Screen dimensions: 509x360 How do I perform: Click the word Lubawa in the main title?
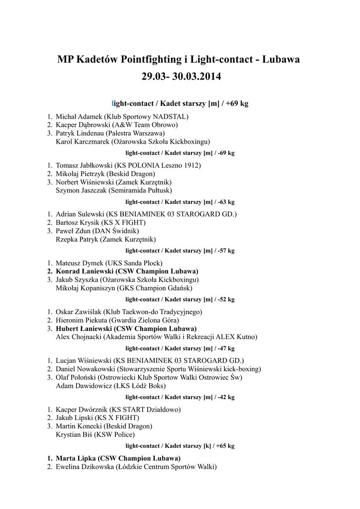[281, 60]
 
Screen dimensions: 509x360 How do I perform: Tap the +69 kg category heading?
[180, 103]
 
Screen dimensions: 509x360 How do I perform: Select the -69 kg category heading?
[180, 153]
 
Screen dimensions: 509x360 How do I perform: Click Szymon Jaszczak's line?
[114, 190]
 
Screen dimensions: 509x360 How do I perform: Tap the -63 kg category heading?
[180, 202]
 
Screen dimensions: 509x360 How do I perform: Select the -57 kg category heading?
[180, 251]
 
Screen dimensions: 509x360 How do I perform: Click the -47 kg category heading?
[180, 348]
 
